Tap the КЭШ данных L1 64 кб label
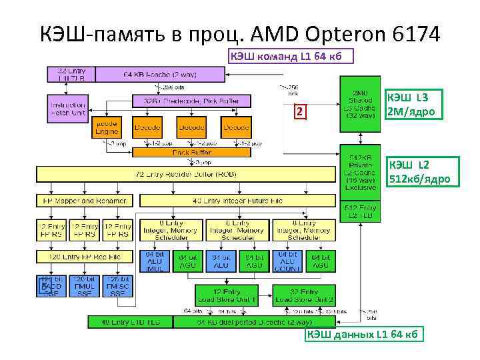point(364,334)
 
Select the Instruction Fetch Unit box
point(68,109)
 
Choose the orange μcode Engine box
point(107,127)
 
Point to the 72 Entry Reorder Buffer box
point(186,175)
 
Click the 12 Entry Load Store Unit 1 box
point(227,296)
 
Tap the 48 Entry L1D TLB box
point(131,322)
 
